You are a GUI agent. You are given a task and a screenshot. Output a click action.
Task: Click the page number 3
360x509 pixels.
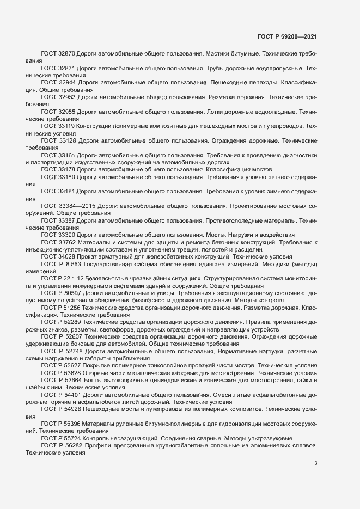[316, 463]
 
